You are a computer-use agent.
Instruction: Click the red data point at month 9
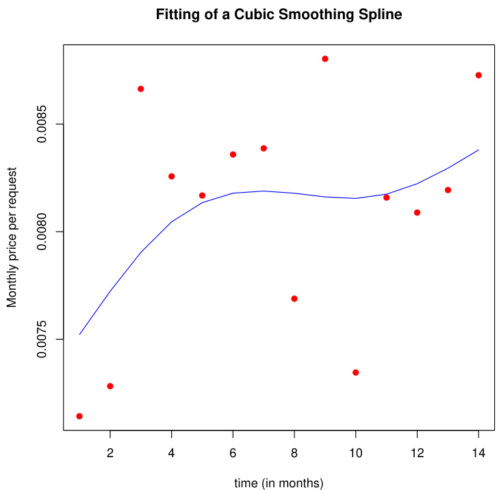(325, 59)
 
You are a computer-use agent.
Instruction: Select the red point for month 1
(79, 416)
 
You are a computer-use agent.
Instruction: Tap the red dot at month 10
(356, 372)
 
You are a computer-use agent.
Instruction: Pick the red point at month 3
(141, 89)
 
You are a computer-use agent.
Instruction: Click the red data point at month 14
(478, 75)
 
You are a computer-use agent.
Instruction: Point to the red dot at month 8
(294, 299)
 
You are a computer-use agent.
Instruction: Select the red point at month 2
(110, 386)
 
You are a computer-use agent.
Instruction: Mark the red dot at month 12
(417, 213)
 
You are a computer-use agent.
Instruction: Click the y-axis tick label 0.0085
(42, 124)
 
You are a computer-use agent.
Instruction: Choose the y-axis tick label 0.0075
(42, 339)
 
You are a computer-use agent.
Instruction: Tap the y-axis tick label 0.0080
(42, 232)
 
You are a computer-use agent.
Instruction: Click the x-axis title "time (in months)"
(279, 483)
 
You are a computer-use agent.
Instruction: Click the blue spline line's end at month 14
(478, 150)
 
